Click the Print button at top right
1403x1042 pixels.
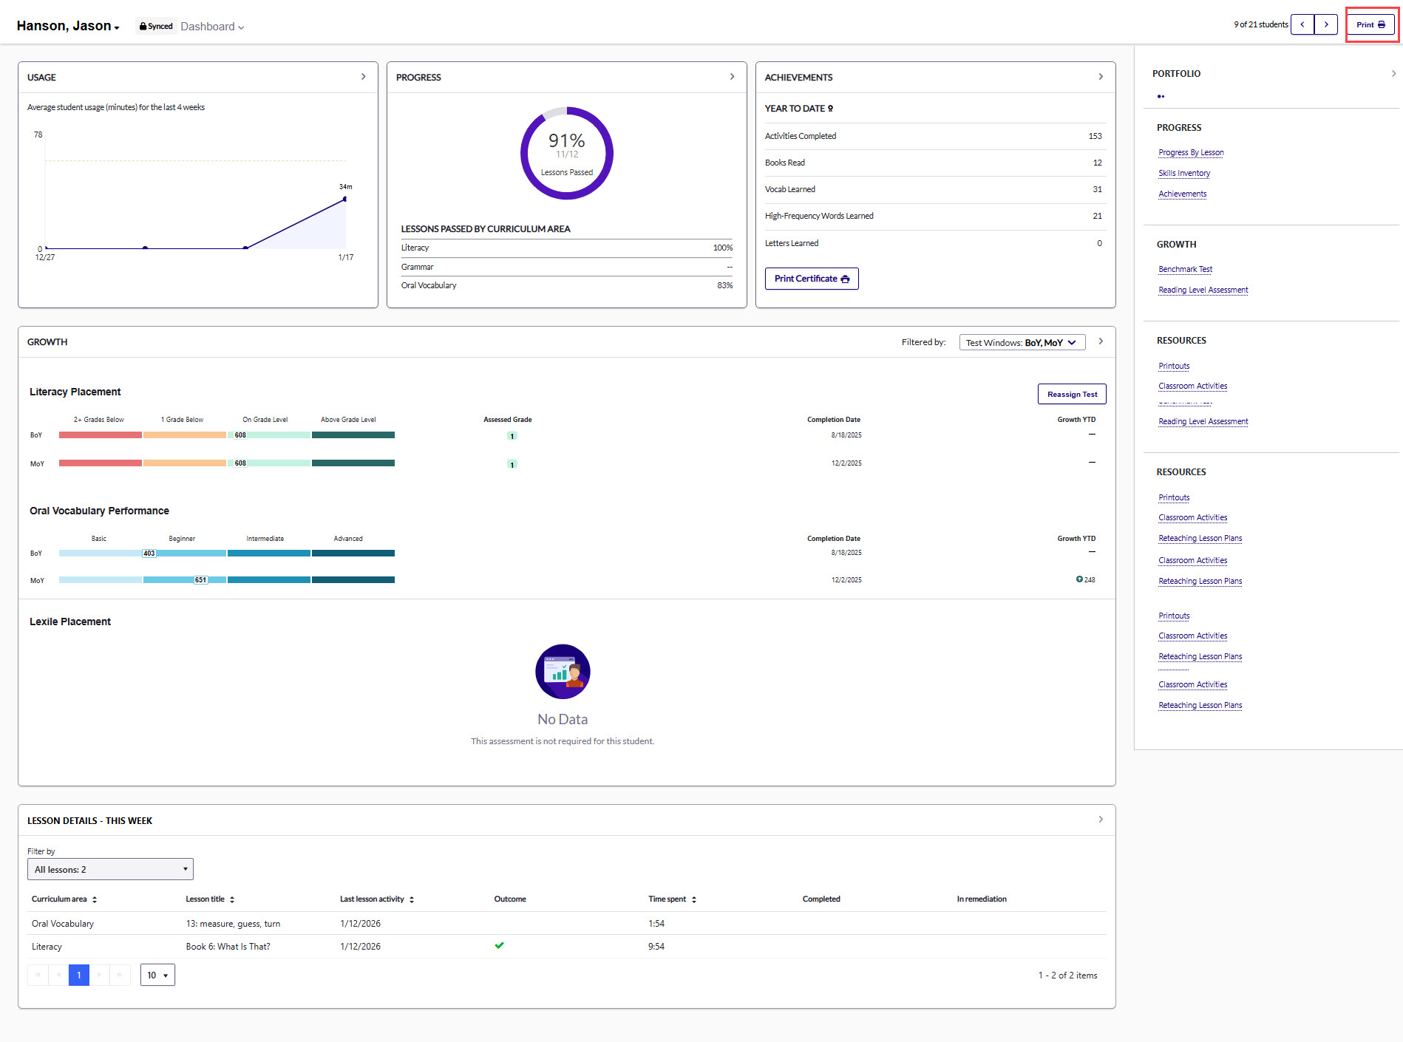(x=1370, y=24)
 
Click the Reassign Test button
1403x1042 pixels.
(x=1071, y=394)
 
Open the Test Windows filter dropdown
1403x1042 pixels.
(x=1022, y=342)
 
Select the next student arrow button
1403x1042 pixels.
(x=1326, y=24)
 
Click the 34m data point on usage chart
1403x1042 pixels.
(x=344, y=199)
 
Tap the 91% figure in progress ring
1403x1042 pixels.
(x=566, y=140)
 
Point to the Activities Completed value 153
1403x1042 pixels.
(x=1095, y=136)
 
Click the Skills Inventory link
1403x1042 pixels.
(x=1183, y=173)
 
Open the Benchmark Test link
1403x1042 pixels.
(x=1185, y=269)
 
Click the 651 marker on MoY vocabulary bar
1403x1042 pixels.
(x=200, y=580)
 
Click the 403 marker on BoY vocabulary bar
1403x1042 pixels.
(x=149, y=554)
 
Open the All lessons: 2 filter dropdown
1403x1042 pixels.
(x=110, y=869)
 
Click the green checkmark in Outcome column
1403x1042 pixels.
(x=499, y=945)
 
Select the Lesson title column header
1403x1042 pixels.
(x=205, y=899)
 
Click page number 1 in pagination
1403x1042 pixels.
(x=79, y=975)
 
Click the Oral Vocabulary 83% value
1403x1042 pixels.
(x=724, y=285)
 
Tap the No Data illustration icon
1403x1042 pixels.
(x=563, y=671)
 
